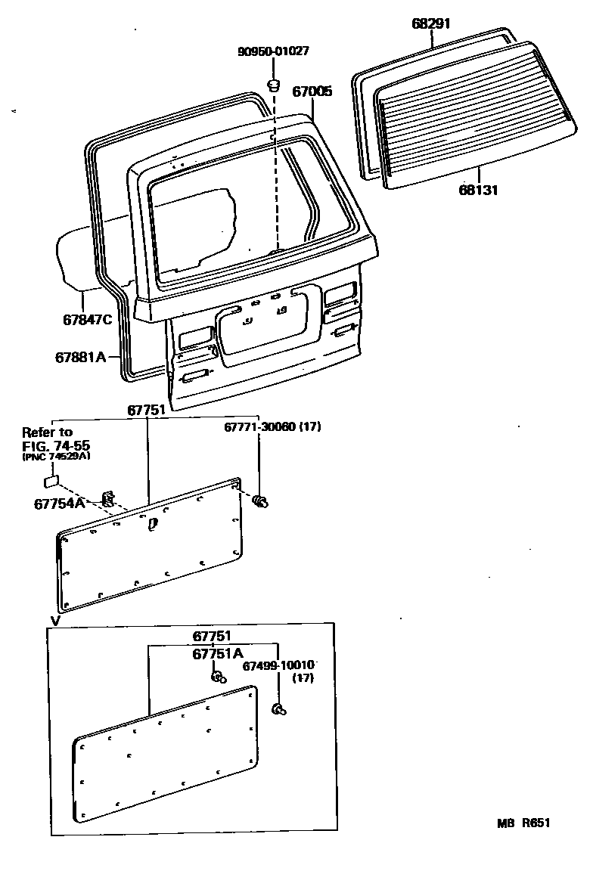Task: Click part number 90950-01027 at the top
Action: (273, 51)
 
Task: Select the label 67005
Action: (312, 91)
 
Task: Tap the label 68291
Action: (431, 23)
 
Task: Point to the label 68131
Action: (477, 191)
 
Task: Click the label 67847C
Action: (87, 319)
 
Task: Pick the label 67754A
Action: (64, 503)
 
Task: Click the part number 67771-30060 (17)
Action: (272, 427)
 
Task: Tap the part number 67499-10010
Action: (278, 665)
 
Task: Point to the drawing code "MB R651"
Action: (523, 823)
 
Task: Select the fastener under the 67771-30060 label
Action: (262, 500)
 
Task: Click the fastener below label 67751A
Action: (218, 676)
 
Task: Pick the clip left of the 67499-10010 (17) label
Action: (278, 708)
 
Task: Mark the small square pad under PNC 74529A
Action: (51, 479)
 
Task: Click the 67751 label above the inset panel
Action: (211, 637)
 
